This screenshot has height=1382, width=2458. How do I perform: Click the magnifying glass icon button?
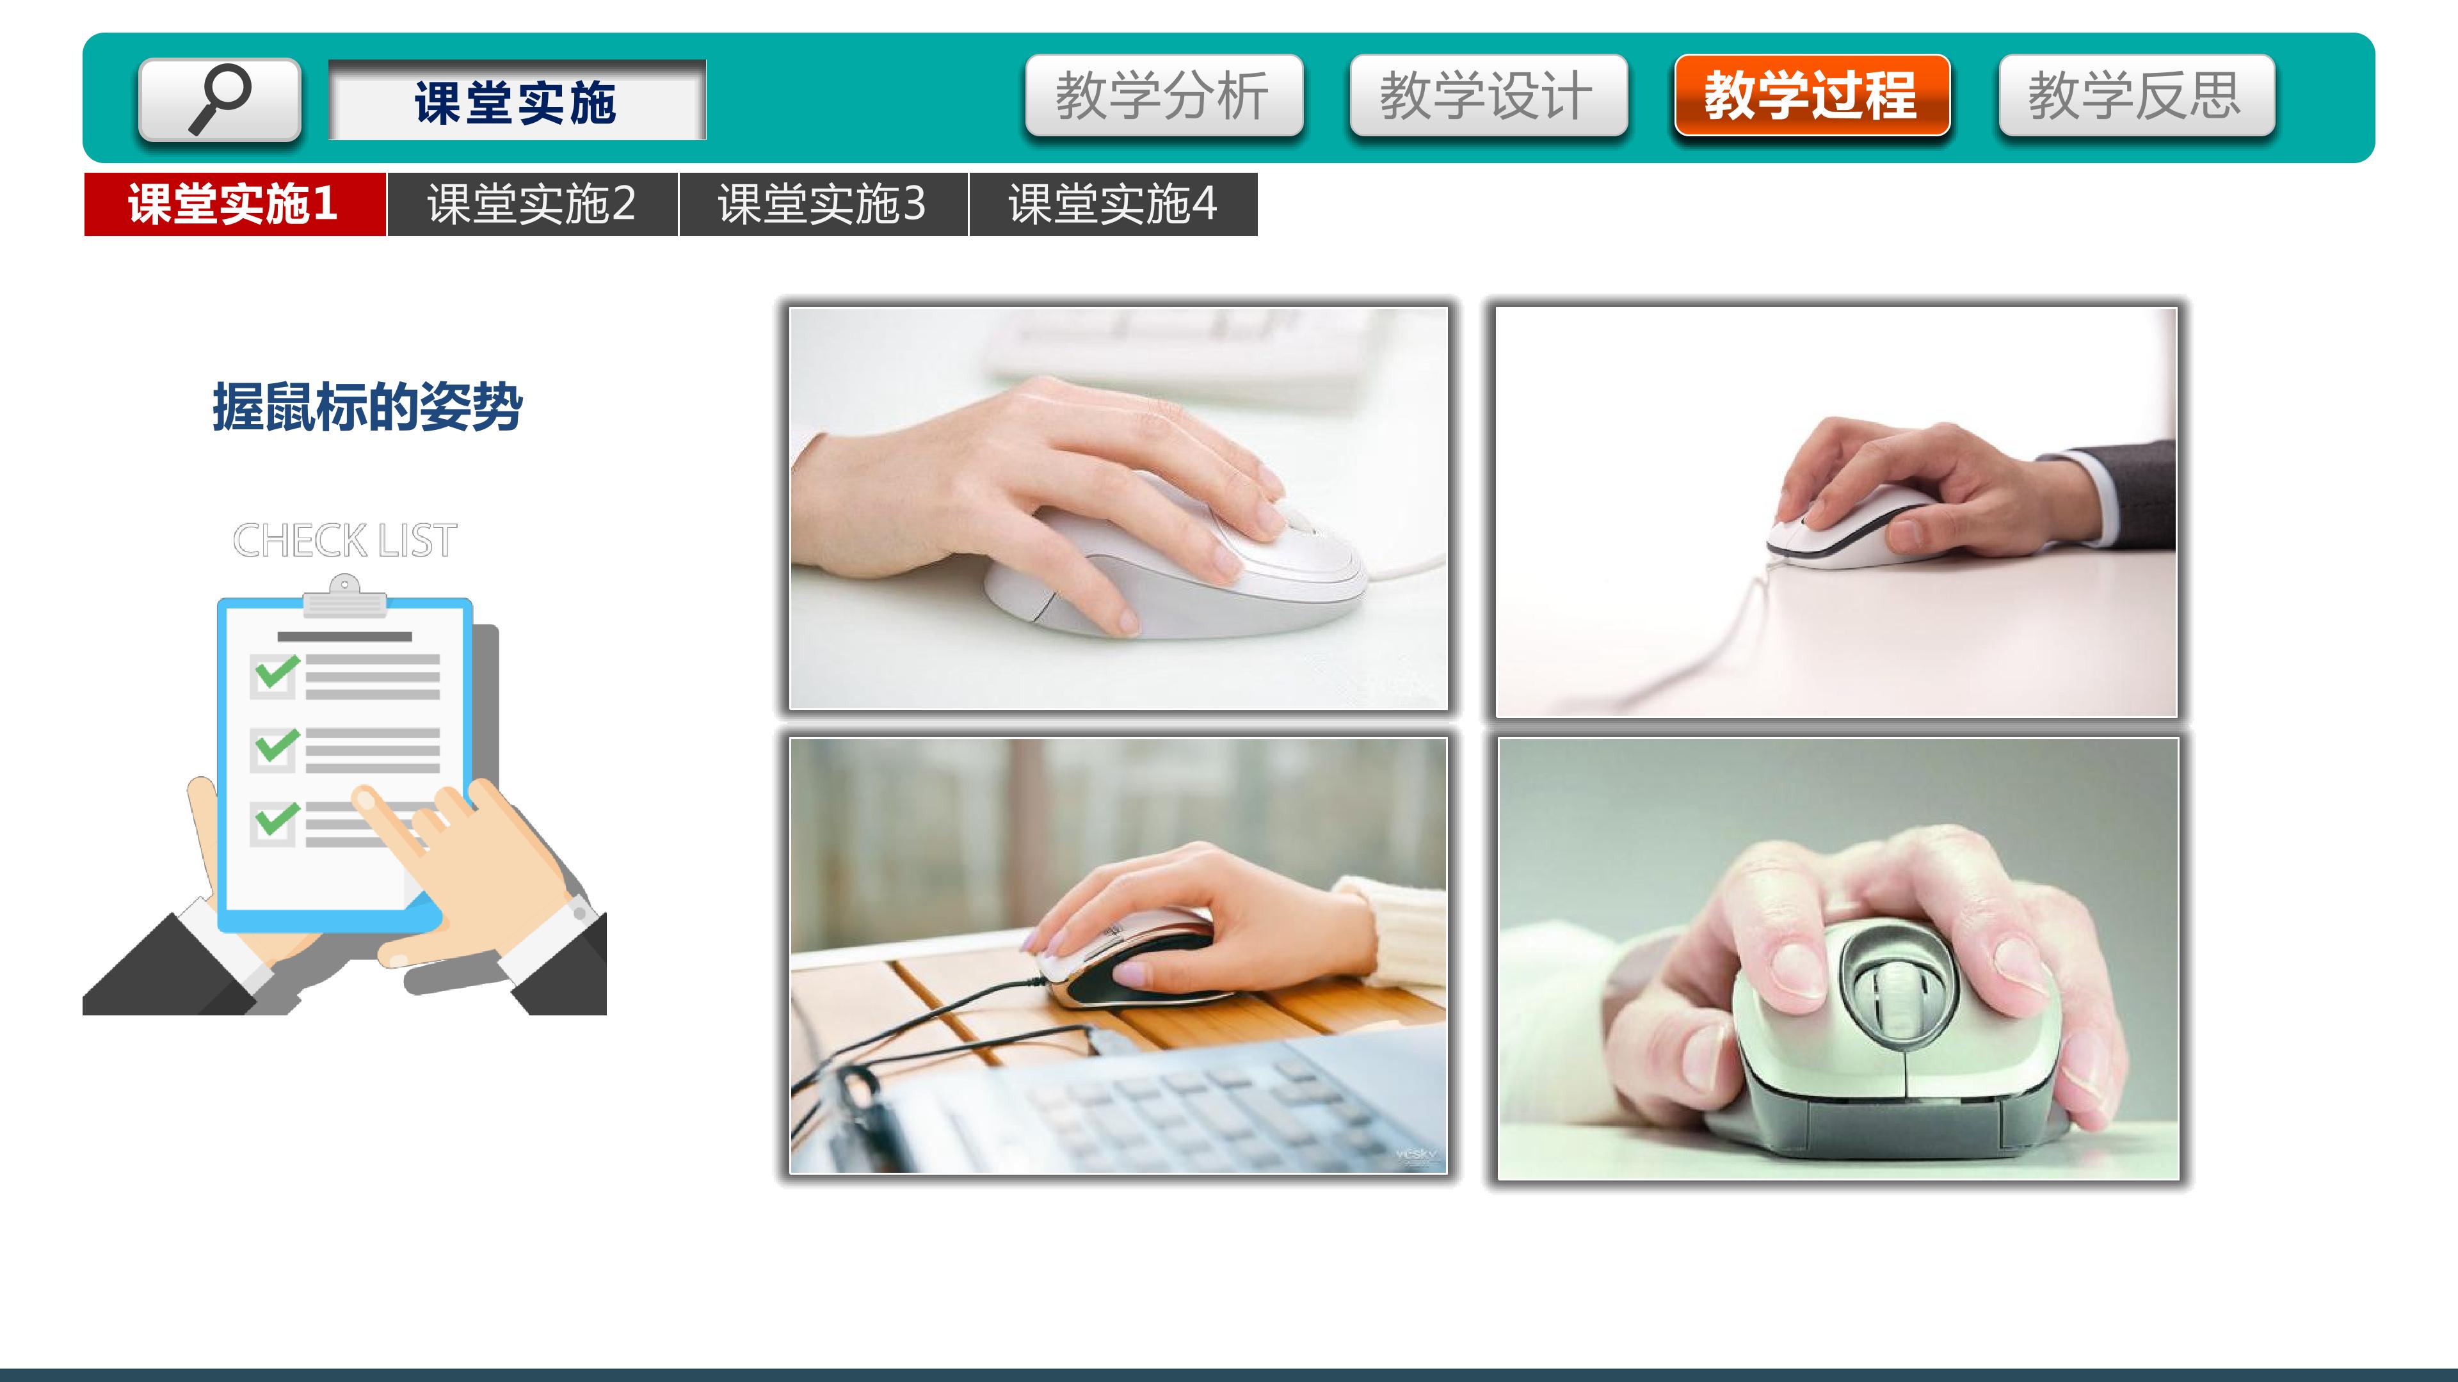point(220,99)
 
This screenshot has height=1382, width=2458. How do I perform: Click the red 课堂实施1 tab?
point(235,204)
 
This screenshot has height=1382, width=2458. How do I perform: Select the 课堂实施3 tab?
point(823,204)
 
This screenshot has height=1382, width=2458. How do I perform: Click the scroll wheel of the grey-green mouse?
point(1892,1001)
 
